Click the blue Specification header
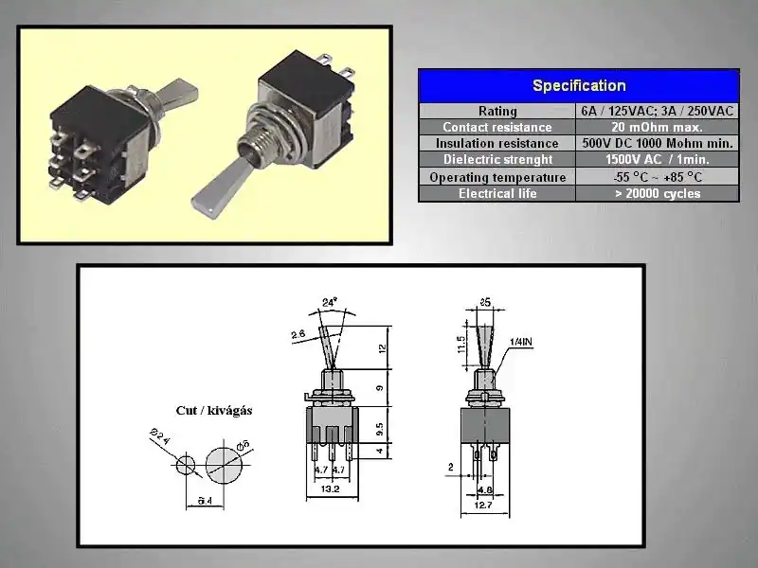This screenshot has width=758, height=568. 578,85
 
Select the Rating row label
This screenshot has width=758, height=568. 496,111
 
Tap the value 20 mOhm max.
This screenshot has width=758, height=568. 657,127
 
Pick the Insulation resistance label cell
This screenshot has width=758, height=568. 496,143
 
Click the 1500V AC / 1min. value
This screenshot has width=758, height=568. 657,160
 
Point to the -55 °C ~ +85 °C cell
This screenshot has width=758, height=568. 657,177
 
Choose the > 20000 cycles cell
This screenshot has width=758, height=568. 657,193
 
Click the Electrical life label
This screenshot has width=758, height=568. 496,193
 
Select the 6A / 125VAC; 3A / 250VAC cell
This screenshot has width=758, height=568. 657,111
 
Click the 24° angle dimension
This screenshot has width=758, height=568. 330,303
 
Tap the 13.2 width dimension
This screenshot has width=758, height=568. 329,489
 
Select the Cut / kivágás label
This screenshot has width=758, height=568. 214,411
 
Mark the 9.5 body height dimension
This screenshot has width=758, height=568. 379,427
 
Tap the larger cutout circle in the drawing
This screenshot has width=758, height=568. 228,464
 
